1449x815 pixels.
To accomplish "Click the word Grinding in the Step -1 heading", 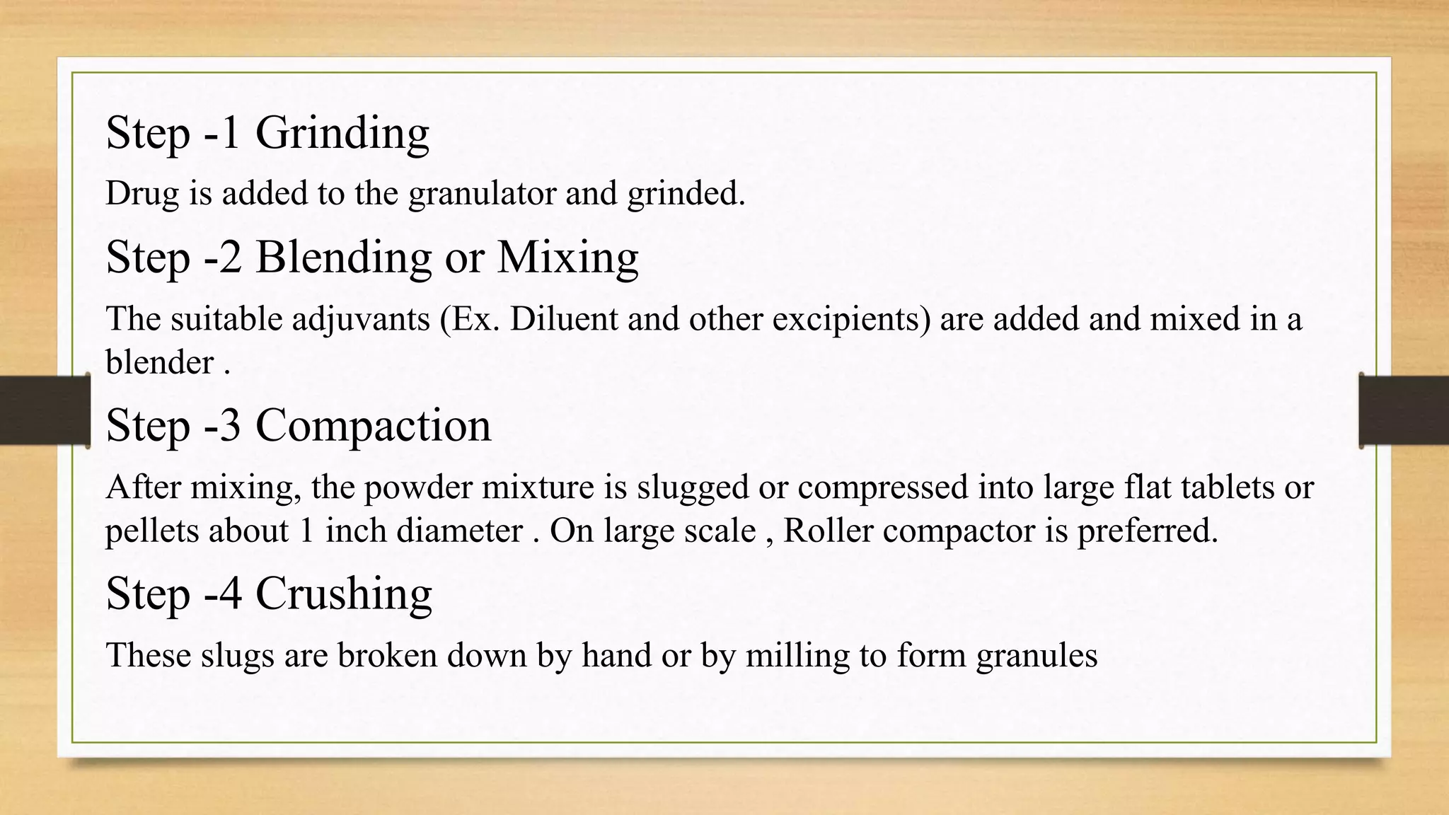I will (342, 134).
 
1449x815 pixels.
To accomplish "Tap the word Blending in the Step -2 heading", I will (343, 258).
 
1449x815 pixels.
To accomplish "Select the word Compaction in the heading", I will (373, 426).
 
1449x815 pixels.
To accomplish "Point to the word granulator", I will (483, 194).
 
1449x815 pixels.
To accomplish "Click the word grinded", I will (686, 194).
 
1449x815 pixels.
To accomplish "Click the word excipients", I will (851, 320).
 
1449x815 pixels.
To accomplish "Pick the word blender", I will (159, 362).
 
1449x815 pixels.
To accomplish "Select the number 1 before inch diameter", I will (306, 531).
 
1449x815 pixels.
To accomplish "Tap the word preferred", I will (1147, 531).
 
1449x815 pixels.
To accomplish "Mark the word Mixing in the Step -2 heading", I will (567, 258).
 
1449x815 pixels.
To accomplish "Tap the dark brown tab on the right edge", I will (1404, 410).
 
